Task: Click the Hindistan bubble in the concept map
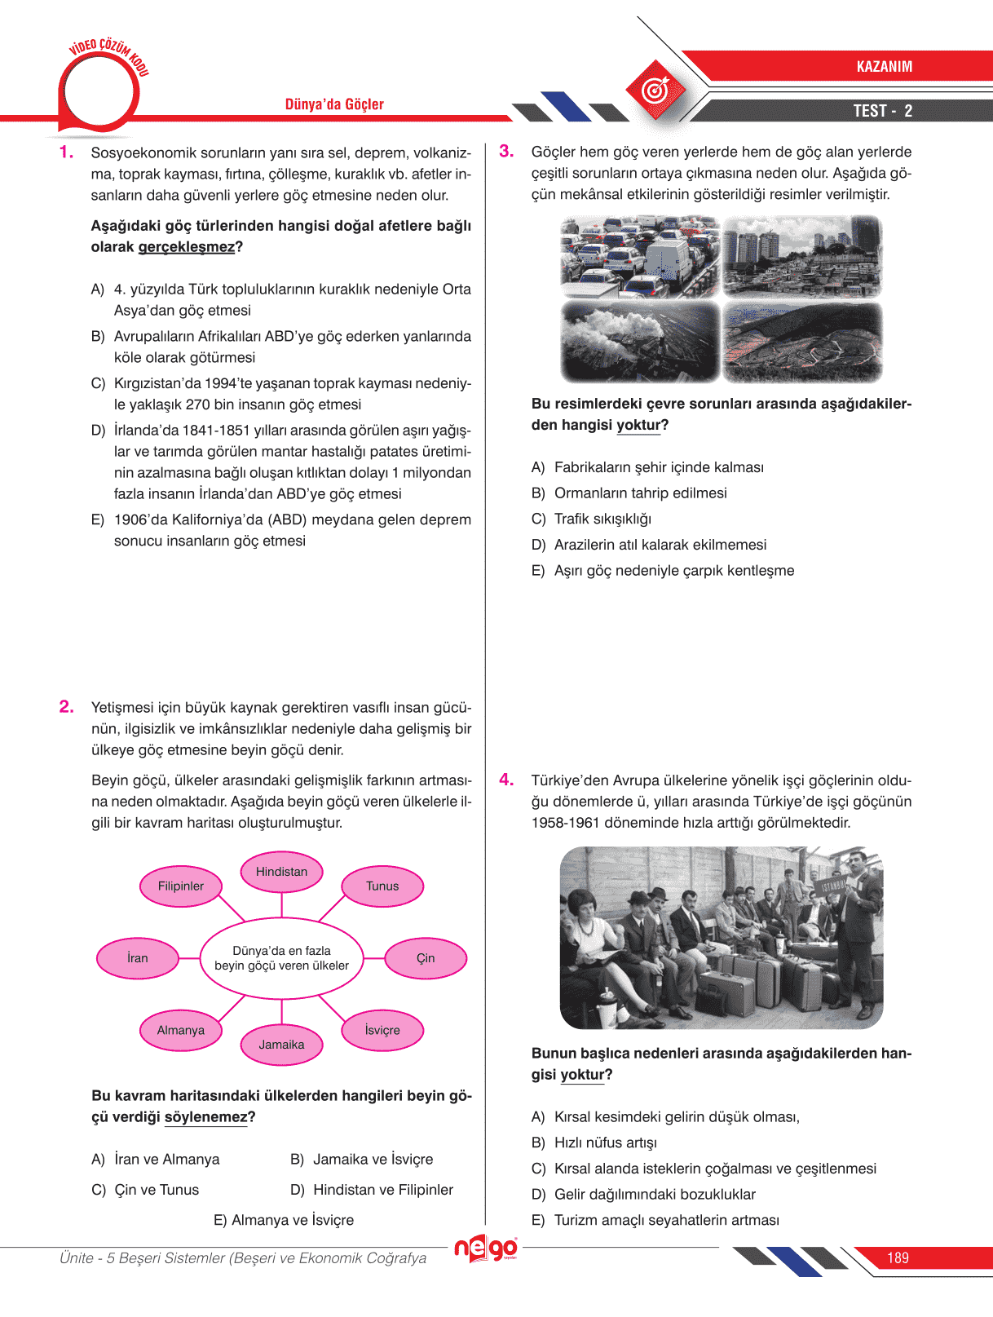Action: pyautogui.click(x=281, y=872)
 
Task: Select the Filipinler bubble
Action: pyautogui.click(x=181, y=886)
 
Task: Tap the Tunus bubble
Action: pyautogui.click(x=382, y=886)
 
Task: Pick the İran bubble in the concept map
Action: pyautogui.click(x=138, y=958)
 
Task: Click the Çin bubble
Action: pyautogui.click(x=426, y=958)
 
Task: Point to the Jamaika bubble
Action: pyautogui.click(x=281, y=1045)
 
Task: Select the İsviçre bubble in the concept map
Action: pyautogui.click(x=382, y=1030)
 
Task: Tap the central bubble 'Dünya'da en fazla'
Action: pyautogui.click(x=281, y=958)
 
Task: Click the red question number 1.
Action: pyautogui.click(x=67, y=152)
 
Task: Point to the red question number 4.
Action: pyautogui.click(x=506, y=780)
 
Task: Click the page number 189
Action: pyautogui.click(x=898, y=1258)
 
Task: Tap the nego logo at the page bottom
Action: pyautogui.click(x=486, y=1248)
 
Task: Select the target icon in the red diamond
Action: pyautogui.click(x=655, y=90)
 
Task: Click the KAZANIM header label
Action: pyautogui.click(x=884, y=67)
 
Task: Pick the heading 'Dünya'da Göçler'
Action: pyautogui.click(x=334, y=104)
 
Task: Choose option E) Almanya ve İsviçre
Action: pyautogui.click(x=284, y=1220)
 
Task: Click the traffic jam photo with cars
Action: pyautogui.click(x=640, y=257)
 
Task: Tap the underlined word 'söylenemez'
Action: pyautogui.click(x=205, y=1117)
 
